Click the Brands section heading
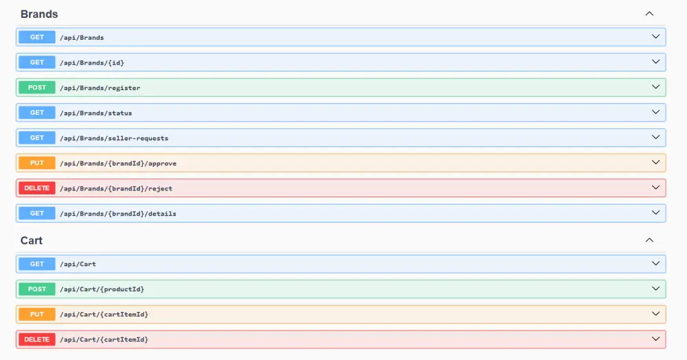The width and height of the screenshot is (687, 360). pos(39,14)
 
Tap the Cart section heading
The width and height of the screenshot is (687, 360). pos(32,240)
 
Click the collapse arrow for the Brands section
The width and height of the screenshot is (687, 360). pos(649,14)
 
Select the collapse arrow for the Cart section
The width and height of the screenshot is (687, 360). pos(649,240)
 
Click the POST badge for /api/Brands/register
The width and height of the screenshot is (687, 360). pos(37,87)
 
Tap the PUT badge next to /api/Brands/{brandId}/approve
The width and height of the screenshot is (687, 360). pos(37,163)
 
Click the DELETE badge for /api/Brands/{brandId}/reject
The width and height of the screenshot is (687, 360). pos(37,188)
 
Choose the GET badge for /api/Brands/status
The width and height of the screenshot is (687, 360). pos(37,113)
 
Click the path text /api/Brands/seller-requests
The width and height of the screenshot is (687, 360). pos(114,138)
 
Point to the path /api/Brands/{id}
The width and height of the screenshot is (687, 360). pos(92,63)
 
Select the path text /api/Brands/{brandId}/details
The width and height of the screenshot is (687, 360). pos(118,214)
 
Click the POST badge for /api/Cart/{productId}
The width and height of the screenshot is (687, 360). pos(37,289)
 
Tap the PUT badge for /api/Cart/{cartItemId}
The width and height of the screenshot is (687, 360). pos(37,314)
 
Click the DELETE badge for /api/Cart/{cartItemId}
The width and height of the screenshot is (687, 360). pos(37,339)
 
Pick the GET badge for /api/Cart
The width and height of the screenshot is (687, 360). pos(37,264)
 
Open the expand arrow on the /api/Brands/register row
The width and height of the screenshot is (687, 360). pos(655,87)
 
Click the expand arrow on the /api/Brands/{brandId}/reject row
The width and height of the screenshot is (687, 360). pos(655,188)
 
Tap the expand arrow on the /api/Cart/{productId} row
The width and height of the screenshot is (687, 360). pos(655,289)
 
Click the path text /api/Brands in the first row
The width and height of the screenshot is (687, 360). pos(82,38)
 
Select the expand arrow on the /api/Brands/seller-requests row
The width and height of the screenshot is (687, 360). pos(655,137)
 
